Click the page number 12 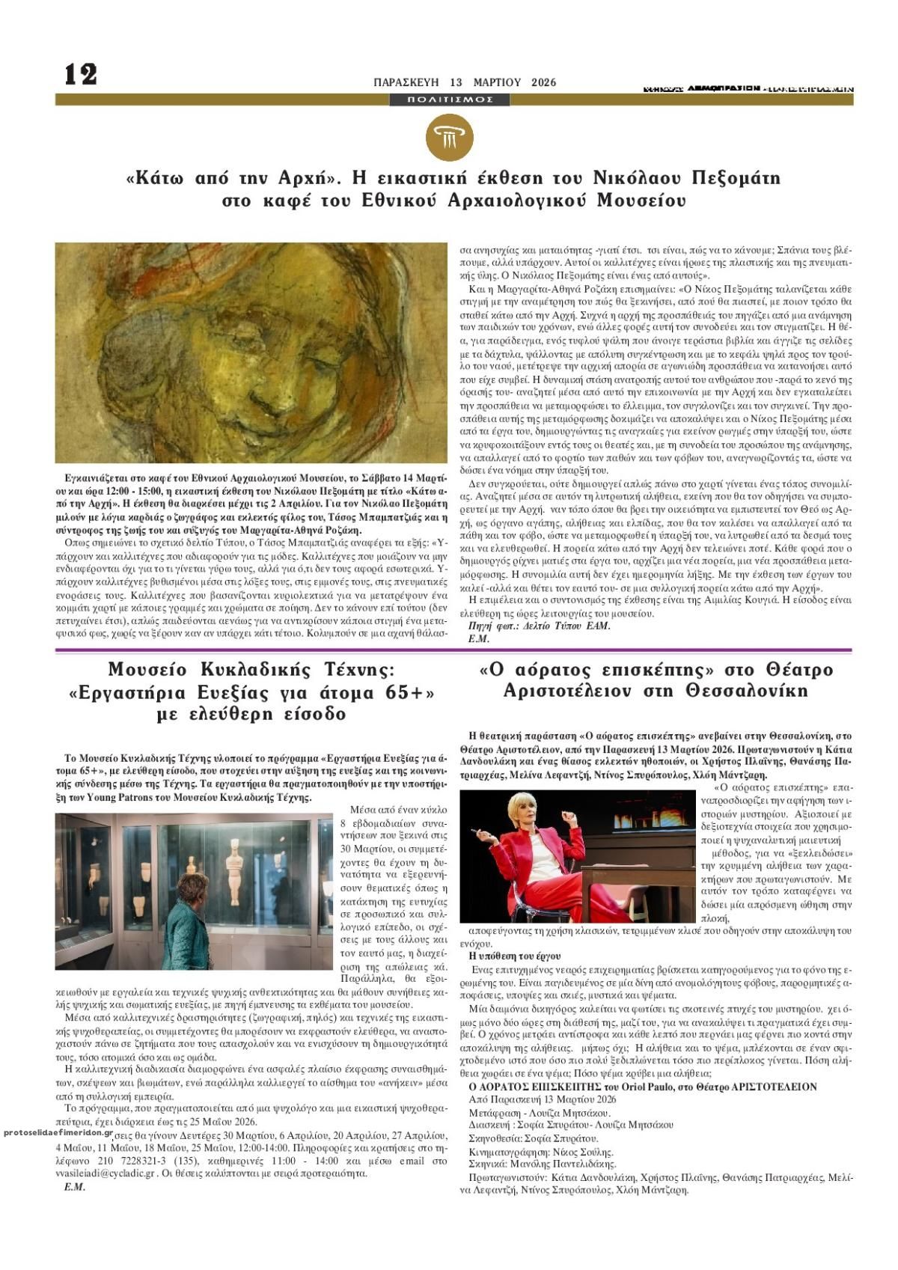(81, 74)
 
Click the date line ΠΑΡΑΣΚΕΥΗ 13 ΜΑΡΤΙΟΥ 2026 (465, 82)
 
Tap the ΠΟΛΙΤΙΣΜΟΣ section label (451, 100)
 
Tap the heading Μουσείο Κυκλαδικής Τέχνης (251, 669)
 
